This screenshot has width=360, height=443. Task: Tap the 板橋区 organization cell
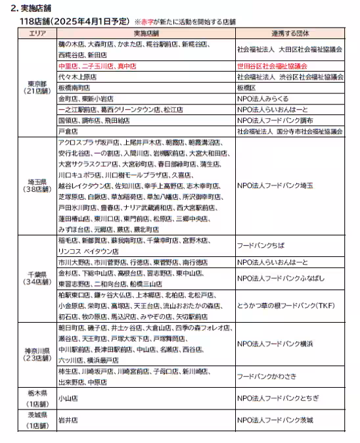tap(246, 87)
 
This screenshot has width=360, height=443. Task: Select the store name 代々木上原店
tap(78, 77)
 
